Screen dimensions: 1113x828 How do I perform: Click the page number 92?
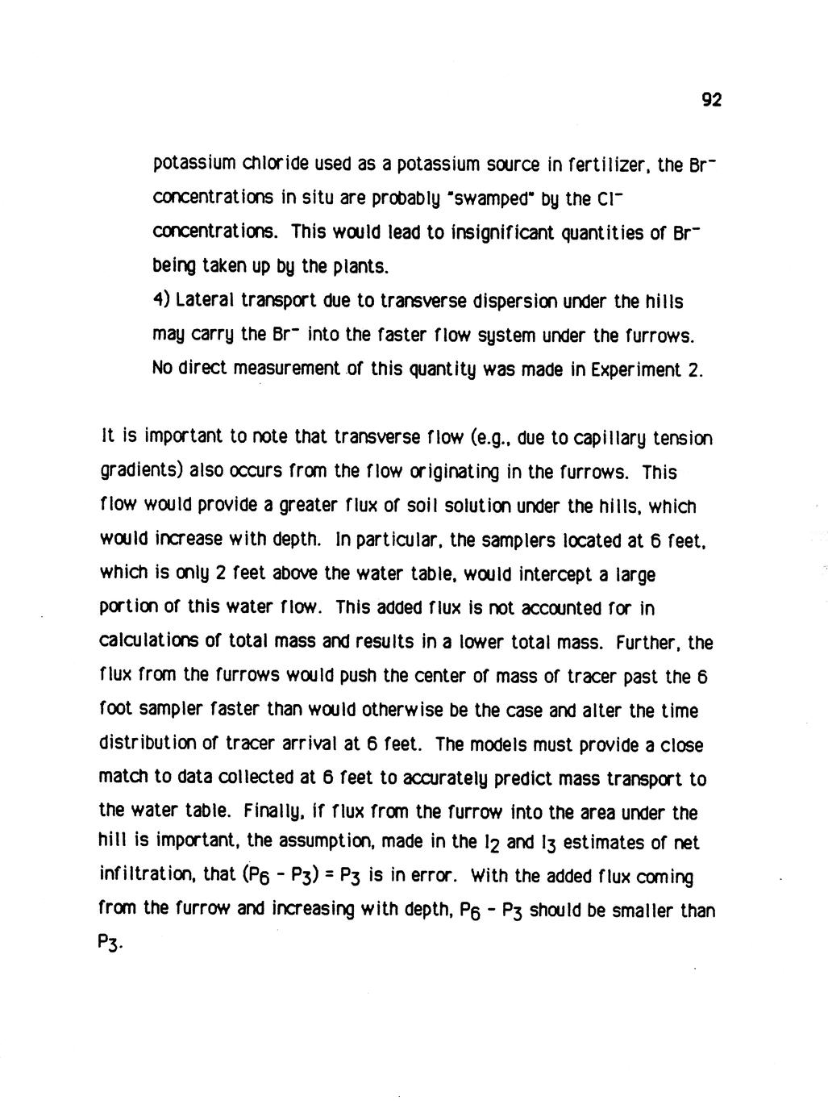click(710, 100)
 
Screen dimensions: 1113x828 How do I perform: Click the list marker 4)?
click(161, 301)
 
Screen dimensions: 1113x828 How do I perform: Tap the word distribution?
click(151, 744)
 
